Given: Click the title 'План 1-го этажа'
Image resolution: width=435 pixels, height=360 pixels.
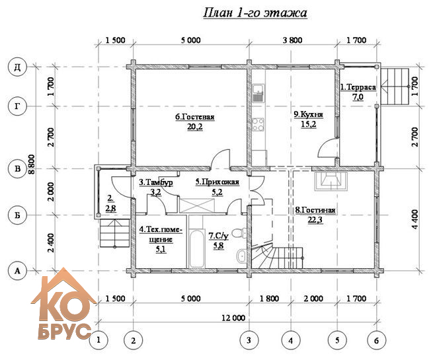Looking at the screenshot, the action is click(x=255, y=13).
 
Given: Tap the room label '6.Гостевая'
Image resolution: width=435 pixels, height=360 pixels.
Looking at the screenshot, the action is click(x=195, y=117).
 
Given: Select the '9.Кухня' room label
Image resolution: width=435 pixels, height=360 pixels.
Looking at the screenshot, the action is click(x=309, y=114).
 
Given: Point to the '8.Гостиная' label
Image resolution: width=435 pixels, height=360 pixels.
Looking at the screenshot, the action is click(x=315, y=210).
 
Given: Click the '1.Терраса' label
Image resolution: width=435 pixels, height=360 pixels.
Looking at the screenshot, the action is click(x=358, y=87).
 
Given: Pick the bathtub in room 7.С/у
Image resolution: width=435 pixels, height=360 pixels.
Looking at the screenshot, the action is click(x=197, y=248).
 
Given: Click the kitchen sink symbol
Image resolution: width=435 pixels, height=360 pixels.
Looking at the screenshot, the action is click(x=259, y=93).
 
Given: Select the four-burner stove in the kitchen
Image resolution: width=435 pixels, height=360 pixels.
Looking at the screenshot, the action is click(x=258, y=124).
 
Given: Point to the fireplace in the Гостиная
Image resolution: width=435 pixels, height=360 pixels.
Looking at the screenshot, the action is click(x=331, y=182).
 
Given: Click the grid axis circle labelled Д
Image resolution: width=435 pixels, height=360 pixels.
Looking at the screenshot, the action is click(x=17, y=67).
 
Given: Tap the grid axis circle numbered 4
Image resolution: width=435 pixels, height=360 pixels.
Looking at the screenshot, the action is click(x=290, y=340).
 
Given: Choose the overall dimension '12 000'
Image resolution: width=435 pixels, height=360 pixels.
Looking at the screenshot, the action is click(x=233, y=318).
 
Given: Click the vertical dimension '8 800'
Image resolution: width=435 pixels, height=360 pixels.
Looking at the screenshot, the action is click(x=32, y=164).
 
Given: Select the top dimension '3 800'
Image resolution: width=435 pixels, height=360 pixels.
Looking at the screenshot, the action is click(x=292, y=40).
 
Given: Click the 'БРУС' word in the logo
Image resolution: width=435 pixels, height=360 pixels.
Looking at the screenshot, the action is click(x=64, y=331).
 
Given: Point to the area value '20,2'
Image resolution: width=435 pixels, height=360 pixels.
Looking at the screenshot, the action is click(x=195, y=127).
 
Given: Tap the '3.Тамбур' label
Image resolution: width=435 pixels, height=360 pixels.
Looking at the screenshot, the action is click(x=156, y=182).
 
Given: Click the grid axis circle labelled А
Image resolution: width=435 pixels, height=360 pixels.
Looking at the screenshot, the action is click(x=17, y=270).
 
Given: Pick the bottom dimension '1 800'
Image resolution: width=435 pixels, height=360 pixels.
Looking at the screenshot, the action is click(x=269, y=299).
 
